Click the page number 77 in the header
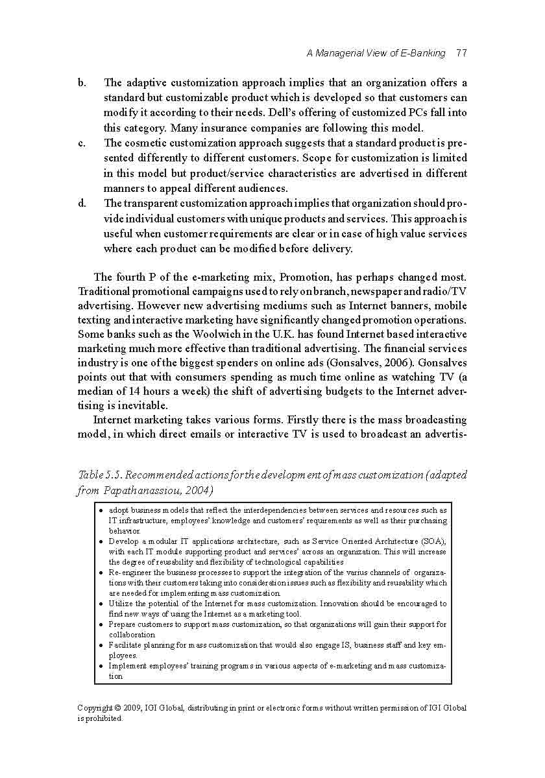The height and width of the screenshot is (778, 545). point(461,53)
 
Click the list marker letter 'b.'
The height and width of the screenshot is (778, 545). point(82,83)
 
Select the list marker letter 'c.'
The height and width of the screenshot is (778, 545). point(82,143)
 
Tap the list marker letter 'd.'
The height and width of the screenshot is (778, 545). point(82,204)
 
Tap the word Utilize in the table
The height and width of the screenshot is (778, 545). point(121,604)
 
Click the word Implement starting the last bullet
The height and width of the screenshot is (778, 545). point(128,666)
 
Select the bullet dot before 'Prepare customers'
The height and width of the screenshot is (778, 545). point(102,624)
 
